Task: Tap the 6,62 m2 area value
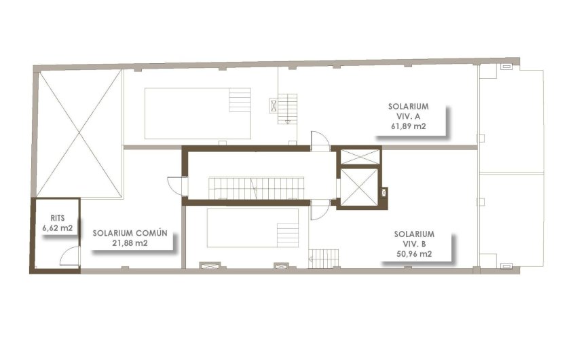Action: coord(57,229)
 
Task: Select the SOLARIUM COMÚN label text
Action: coord(130,232)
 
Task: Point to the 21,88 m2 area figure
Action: coord(130,242)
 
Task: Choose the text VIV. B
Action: coord(414,244)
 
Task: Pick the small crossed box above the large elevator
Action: coord(358,156)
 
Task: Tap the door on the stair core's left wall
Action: coord(176,185)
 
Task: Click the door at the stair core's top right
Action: coord(319,141)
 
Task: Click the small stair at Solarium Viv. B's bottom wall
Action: coord(324,258)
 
